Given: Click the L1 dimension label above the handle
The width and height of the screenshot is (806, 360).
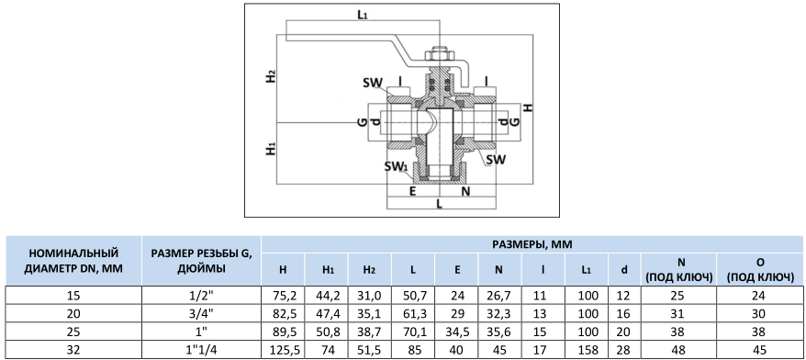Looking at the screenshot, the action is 363,15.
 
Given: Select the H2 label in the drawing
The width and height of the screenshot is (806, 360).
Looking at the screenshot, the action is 271,76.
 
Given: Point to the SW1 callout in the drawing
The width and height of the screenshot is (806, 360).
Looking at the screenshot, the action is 396,167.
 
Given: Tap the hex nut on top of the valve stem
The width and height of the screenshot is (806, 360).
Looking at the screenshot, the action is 439,54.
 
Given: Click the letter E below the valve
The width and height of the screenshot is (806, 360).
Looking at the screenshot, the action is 412,191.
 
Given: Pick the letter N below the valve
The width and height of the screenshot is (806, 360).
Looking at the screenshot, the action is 465,191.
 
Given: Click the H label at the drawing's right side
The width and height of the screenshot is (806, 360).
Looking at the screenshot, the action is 528,108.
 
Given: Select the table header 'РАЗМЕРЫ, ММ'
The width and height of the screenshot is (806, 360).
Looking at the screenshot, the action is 532,245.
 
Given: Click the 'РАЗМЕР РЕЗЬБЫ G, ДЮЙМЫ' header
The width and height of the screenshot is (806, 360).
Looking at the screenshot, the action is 202,260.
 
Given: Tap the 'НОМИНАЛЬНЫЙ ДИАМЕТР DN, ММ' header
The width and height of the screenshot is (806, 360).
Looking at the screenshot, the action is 73,260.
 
